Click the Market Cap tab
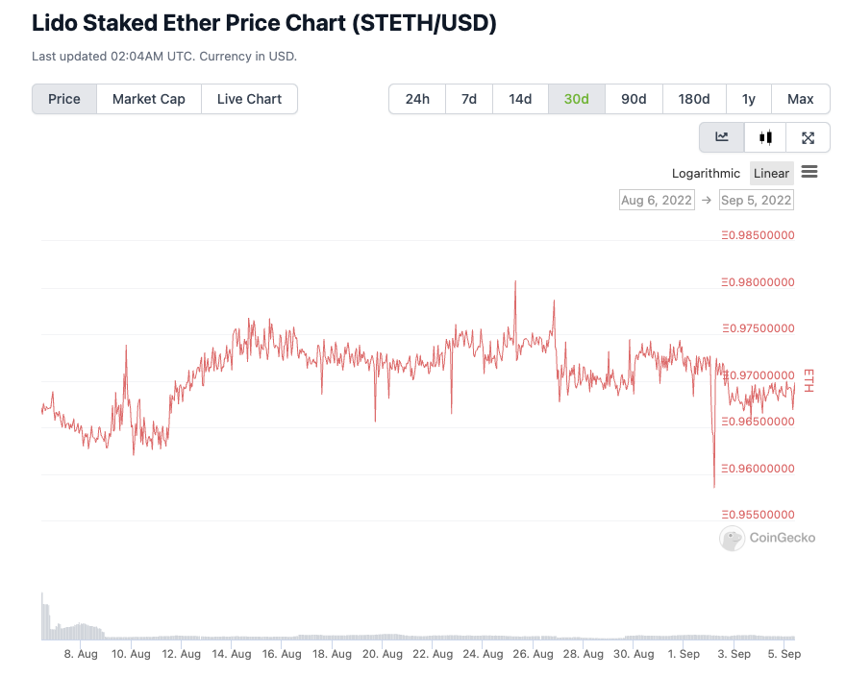[148, 99]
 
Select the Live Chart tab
[249, 99]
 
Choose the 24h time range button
[417, 99]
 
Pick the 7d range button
[469, 99]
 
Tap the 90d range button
[634, 99]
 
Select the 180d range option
[694, 99]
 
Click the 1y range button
[749, 99]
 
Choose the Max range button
[800, 99]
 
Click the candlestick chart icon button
[765, 137]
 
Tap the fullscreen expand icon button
[808, 137]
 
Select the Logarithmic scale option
[706, 174]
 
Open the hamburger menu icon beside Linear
[809, 172]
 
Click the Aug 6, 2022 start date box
[657, 200]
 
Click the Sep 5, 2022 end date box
[757, 200]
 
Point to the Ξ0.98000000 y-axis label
[758, 282]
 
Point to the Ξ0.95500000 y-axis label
[758, 515]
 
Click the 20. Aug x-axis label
[383, 654]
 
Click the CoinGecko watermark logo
[767, 538]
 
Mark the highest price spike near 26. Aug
[516, 281]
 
